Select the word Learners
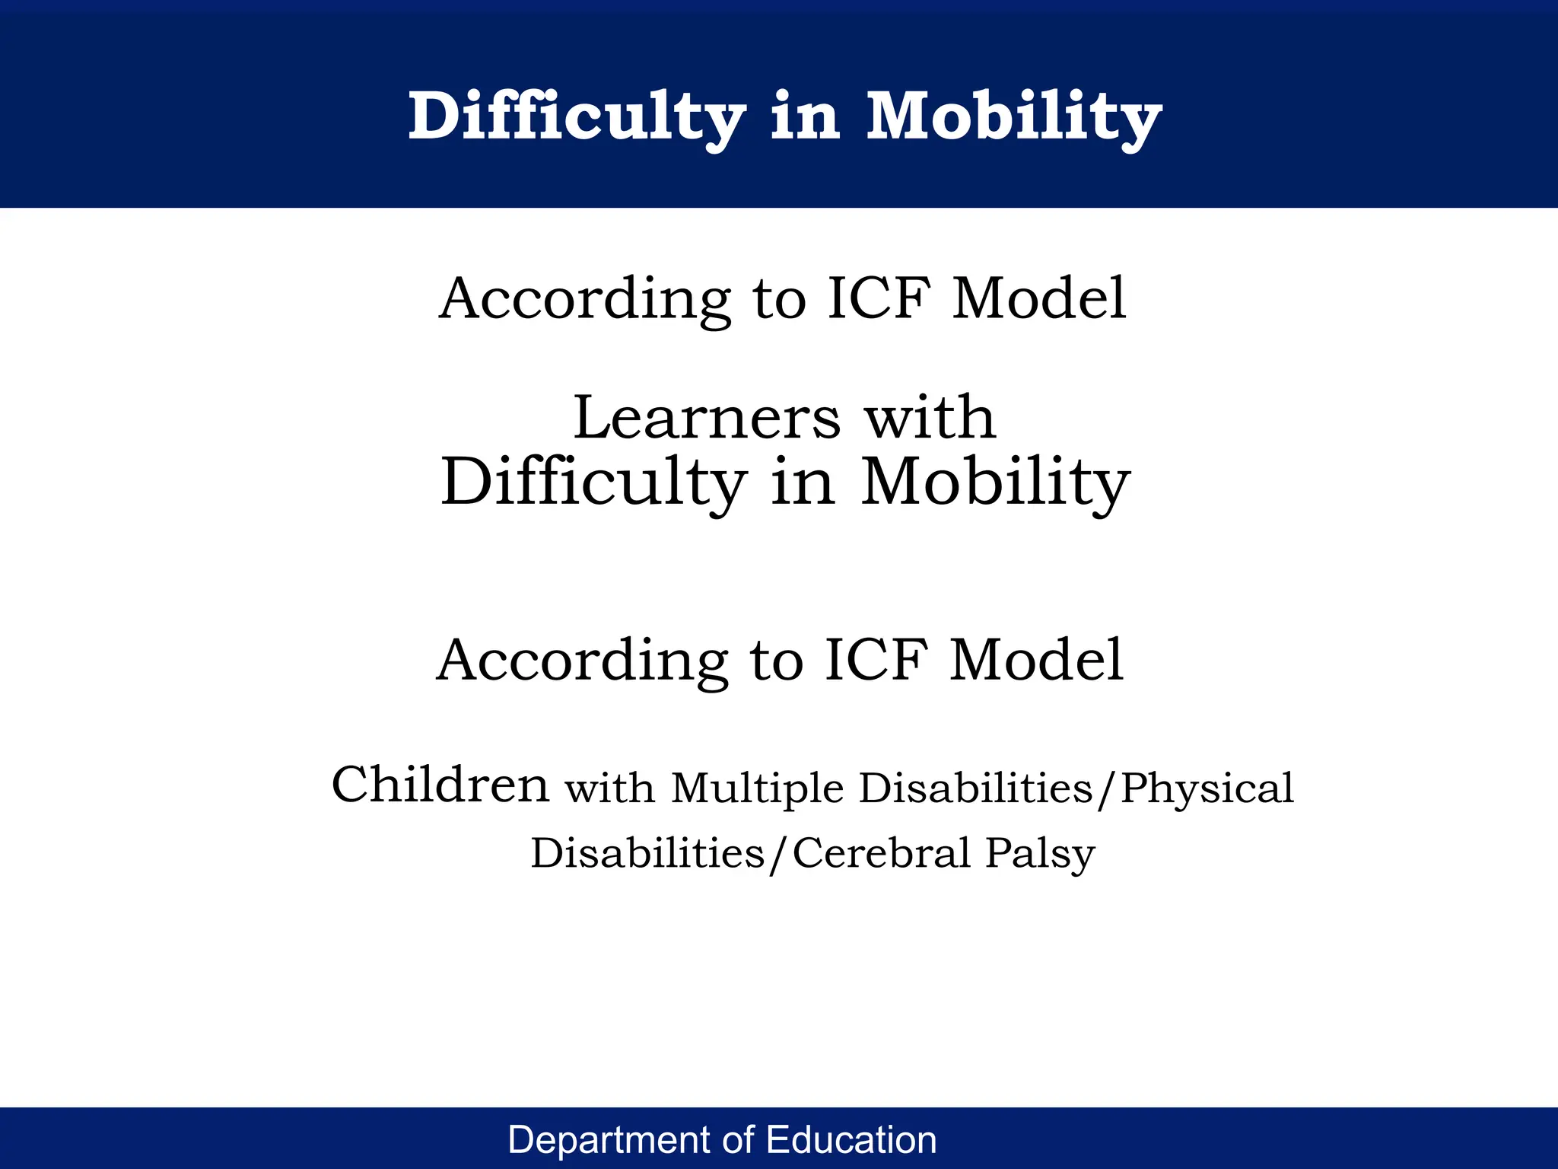(x=707, y=418)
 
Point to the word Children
(x=440, y=785)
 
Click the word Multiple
(x=757, y=788)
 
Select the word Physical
(x=1207, y=788)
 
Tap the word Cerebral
(x=882, y=853)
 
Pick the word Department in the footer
(x=610, y=1140)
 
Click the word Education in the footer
(x=851, y=1140)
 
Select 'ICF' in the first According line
(x=879, y=298)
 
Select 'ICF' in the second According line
(x=876, y=660)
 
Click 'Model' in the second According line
(x=1036, y=660)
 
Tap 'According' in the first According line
(x=585, y=298)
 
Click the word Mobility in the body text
(x=995, y=483)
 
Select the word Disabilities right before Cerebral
(x=647, y=853)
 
